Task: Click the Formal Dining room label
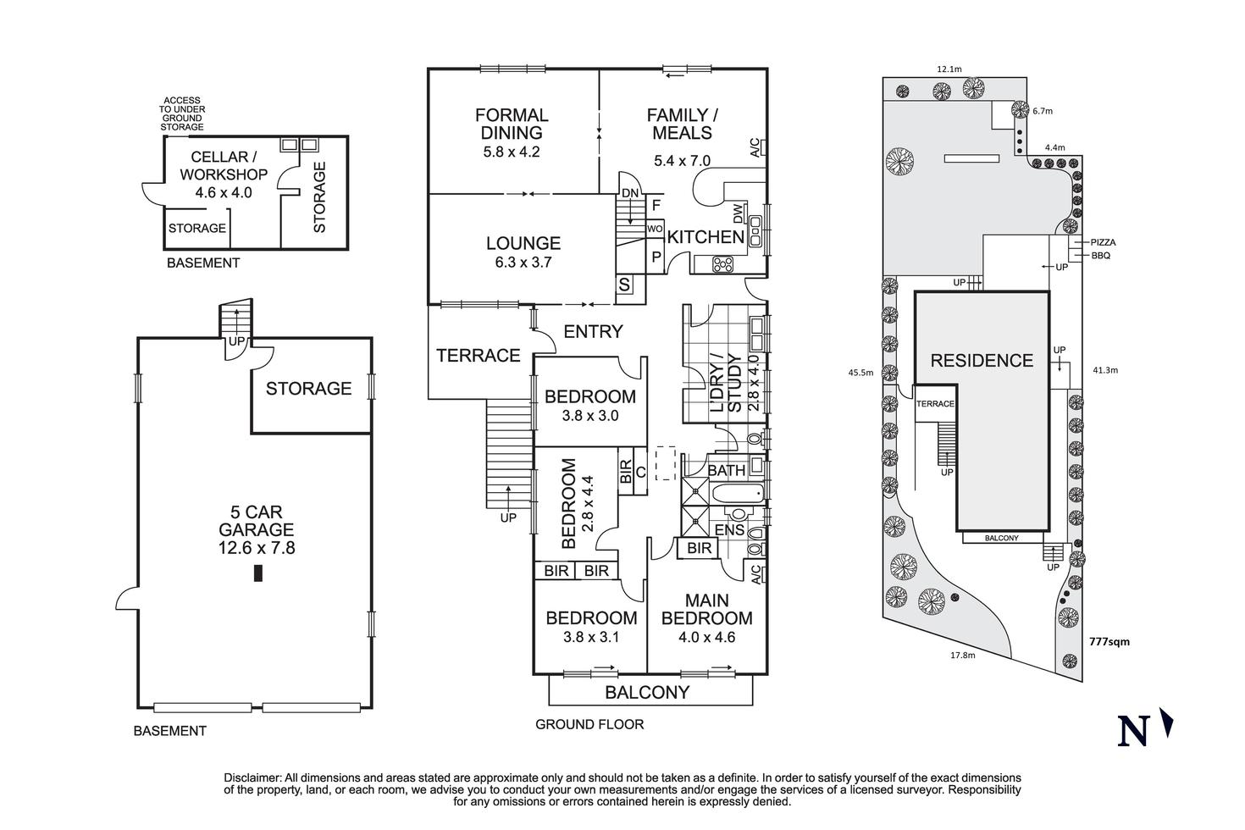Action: click(512, 124)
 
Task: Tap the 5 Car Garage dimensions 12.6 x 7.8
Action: click(257, 548)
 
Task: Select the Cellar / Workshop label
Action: click(219, 166)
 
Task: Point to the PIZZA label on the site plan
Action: click(1103, 242)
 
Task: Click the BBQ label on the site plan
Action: click(1100, 255)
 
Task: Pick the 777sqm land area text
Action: click(1109, 642)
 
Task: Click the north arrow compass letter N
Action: click(1132, 731)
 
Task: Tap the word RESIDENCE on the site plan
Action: click(982, 361)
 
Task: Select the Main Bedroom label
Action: click(706, 609)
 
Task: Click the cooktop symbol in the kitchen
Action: click(722, 264)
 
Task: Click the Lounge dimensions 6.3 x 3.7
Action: click(523, 263)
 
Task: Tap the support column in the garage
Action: click(258, 573)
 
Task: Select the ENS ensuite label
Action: click(729, 530)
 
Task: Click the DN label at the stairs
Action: click(630, 193)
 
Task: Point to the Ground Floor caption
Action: click(589, 724)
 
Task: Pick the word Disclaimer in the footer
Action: click(252, 777)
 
